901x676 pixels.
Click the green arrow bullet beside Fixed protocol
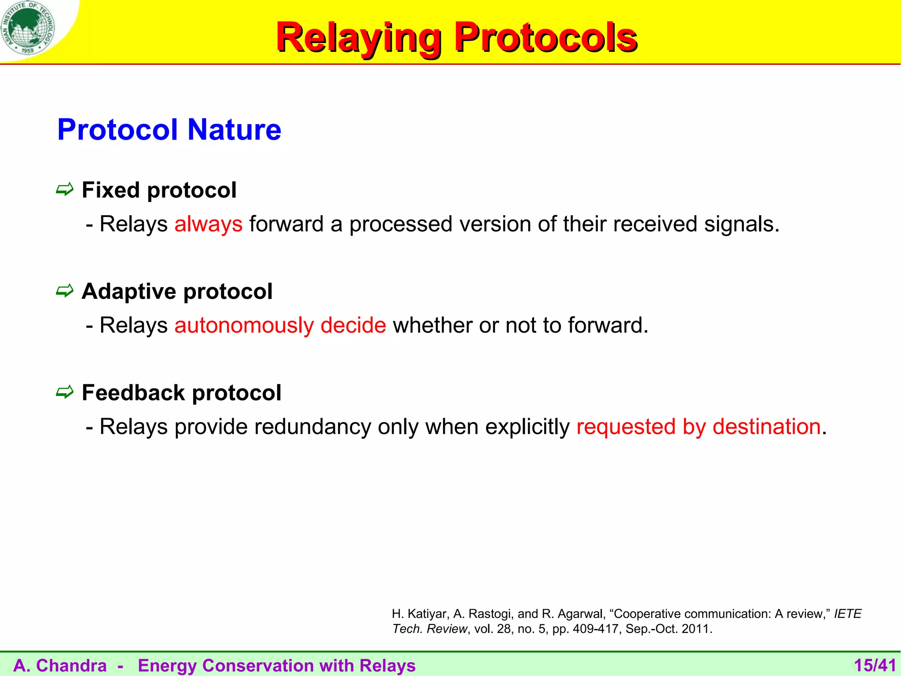tap(65, 190)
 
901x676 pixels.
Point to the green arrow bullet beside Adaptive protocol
tap(65, 291)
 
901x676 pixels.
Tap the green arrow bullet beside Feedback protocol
tap(65, 392)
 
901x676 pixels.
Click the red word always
tap(208, 224)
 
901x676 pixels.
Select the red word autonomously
tap(244, 326)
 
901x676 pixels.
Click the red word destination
tap(766, 427)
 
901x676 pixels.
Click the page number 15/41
tap(875, 665)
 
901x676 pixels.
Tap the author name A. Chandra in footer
tap(60, 665)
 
